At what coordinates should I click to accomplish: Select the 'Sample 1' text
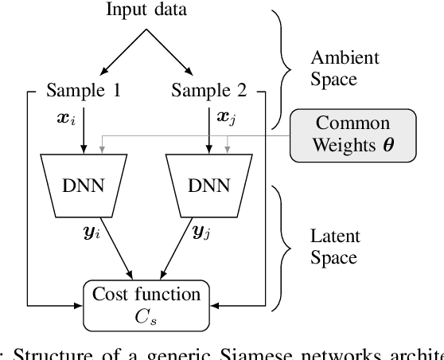click(x=84, y=91)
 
